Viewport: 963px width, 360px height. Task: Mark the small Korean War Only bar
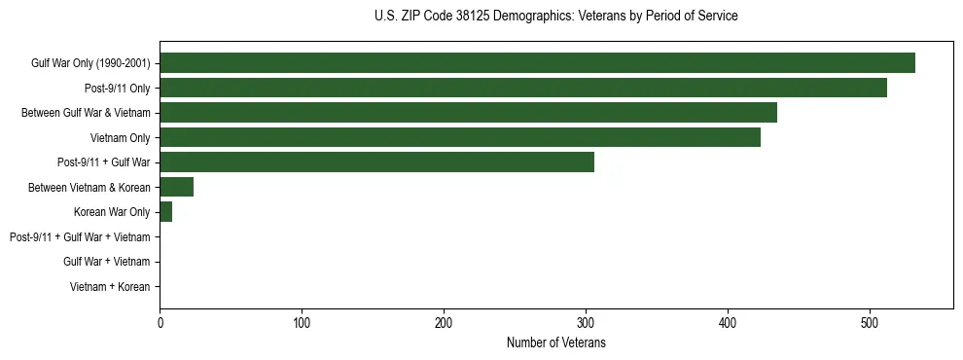(x=165, y=212)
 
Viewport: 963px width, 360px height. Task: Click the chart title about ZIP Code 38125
(x=555, y=17)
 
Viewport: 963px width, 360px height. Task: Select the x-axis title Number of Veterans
(x=555, y=343)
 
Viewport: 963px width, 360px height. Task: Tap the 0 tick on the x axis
(x=160, y=322)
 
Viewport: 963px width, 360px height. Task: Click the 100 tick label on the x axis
(x=302, y=322)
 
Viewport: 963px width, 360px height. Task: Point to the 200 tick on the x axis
(x=444, y=322)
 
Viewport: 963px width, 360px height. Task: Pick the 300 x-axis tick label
(x=586, y=322)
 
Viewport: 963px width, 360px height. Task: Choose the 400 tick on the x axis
(x=728, y=322)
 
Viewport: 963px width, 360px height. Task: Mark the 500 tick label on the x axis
(x=870, y=322)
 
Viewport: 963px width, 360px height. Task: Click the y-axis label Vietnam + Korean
(x=110, y=287)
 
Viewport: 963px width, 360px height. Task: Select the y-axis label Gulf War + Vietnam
(x=106, y=262)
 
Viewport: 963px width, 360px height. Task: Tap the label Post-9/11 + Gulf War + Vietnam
(x=80, y=237)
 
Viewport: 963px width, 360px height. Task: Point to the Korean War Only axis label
(x=112, y=212)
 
